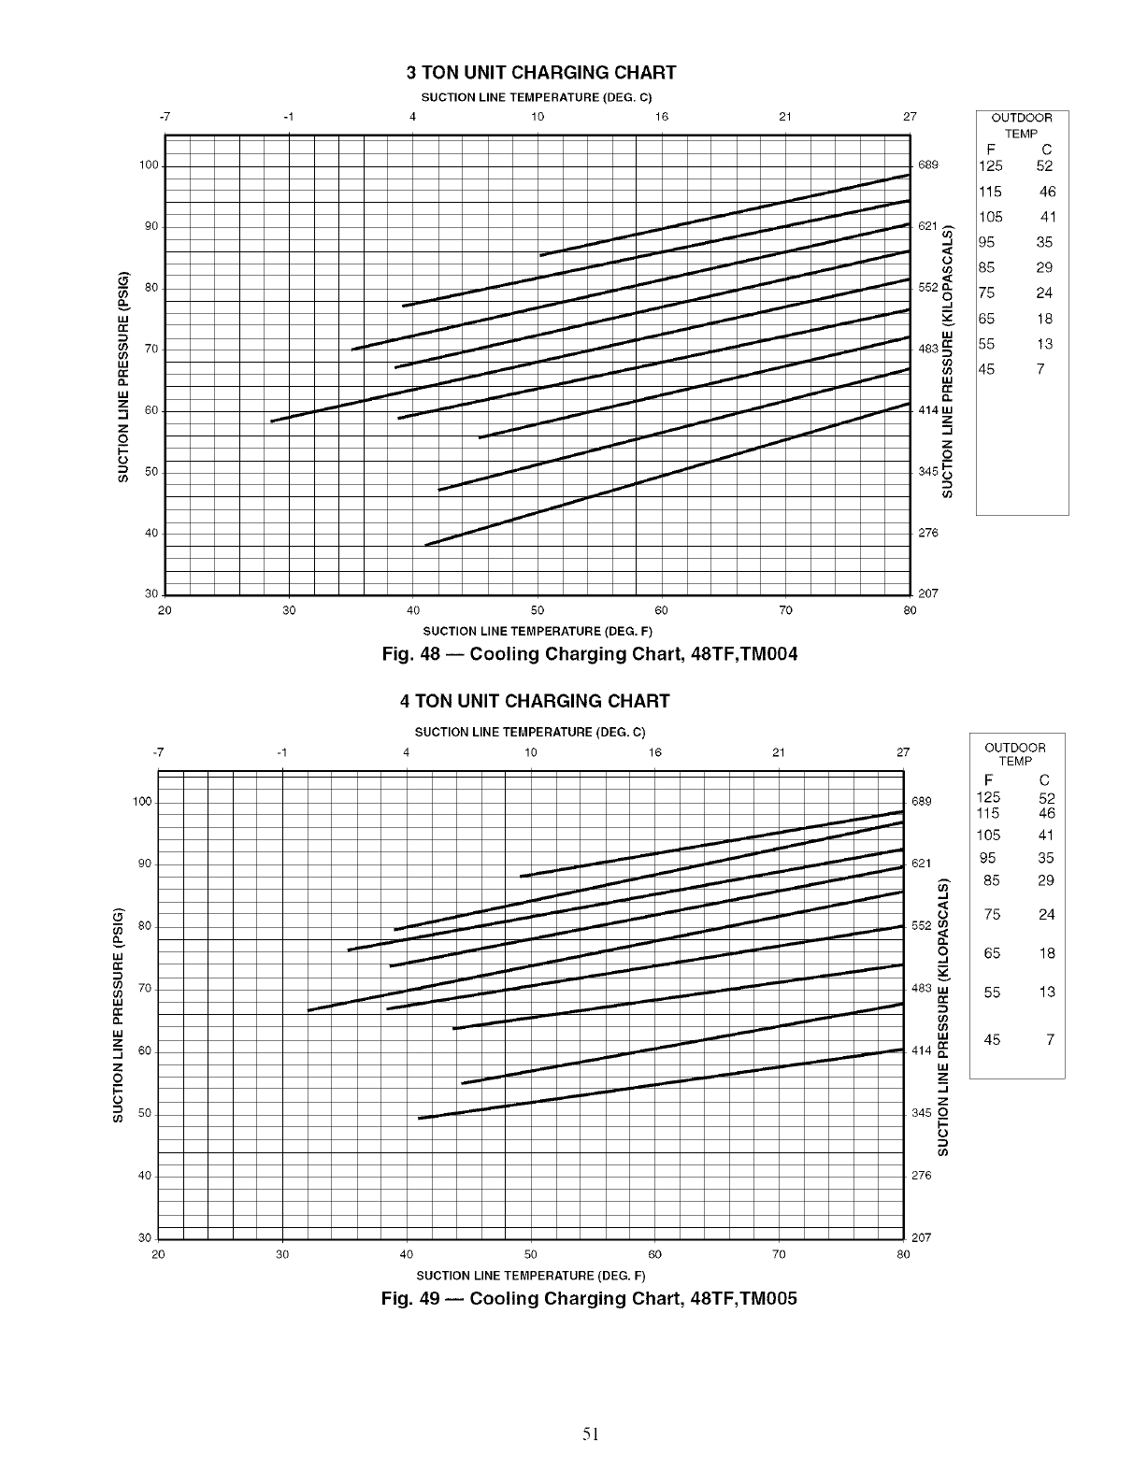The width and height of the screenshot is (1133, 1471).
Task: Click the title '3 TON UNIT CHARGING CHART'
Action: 541,73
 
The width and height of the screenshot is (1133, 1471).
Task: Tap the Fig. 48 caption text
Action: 590,653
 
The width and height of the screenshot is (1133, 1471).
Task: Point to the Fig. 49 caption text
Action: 589,1298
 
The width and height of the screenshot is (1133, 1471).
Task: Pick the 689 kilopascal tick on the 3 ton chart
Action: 928,165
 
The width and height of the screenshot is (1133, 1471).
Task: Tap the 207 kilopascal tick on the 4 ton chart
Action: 921,1237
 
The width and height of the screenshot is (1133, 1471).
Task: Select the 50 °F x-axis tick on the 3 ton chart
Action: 538,611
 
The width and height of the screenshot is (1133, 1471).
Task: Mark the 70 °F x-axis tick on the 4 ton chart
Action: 779,1254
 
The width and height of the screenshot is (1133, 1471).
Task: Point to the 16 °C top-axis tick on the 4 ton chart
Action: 654,753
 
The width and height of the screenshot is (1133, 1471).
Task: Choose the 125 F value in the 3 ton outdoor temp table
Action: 990,166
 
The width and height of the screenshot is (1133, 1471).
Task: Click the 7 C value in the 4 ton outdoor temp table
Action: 1050,1039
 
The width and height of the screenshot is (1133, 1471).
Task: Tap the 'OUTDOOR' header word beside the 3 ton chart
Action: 1022,118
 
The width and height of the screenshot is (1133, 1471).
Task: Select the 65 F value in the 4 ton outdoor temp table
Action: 992,953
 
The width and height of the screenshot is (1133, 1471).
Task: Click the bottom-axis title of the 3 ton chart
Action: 538,631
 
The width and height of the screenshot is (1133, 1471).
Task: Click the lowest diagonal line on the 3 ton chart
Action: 654,478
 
